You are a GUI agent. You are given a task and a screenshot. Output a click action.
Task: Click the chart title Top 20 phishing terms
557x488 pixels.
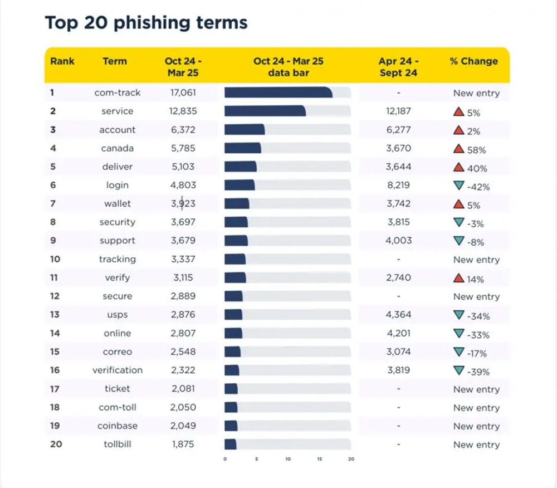[x=146, y=23]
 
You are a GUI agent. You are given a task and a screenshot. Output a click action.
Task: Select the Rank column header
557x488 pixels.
[x=62, y=61]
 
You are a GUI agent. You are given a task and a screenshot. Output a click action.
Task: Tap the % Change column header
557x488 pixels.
[x=473, y=61]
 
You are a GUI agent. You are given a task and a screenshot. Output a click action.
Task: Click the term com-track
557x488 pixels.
[x=117, y=92]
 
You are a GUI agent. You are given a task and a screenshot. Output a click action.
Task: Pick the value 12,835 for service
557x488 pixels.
[x=183, y=111]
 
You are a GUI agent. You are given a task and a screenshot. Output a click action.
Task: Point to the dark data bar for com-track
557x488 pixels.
[x=278, y=92]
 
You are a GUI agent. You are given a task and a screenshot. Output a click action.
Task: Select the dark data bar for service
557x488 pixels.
[x=265, y=111]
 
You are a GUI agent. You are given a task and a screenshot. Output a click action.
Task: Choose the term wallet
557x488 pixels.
[x=117, y=203]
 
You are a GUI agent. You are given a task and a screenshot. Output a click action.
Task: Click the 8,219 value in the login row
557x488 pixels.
[x=398, y=185]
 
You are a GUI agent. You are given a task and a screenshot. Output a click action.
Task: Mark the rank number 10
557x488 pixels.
[x=55, y=259]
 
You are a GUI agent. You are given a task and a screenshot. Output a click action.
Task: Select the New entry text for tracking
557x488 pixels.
[x=476, y=260]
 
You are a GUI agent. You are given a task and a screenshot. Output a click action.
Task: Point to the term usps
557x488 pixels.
[x=117, y=315]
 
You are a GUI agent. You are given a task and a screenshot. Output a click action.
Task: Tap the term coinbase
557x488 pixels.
[x=117, y=426]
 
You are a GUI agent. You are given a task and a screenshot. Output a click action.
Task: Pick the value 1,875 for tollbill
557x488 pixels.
[x=183, y=444]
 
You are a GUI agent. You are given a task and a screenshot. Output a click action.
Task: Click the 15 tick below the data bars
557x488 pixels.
[x=320, y=460]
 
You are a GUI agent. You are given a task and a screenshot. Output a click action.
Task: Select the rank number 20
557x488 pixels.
[x=55, y=444]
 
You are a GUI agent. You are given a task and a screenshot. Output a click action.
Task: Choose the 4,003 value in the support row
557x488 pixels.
[x=398, y=241]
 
